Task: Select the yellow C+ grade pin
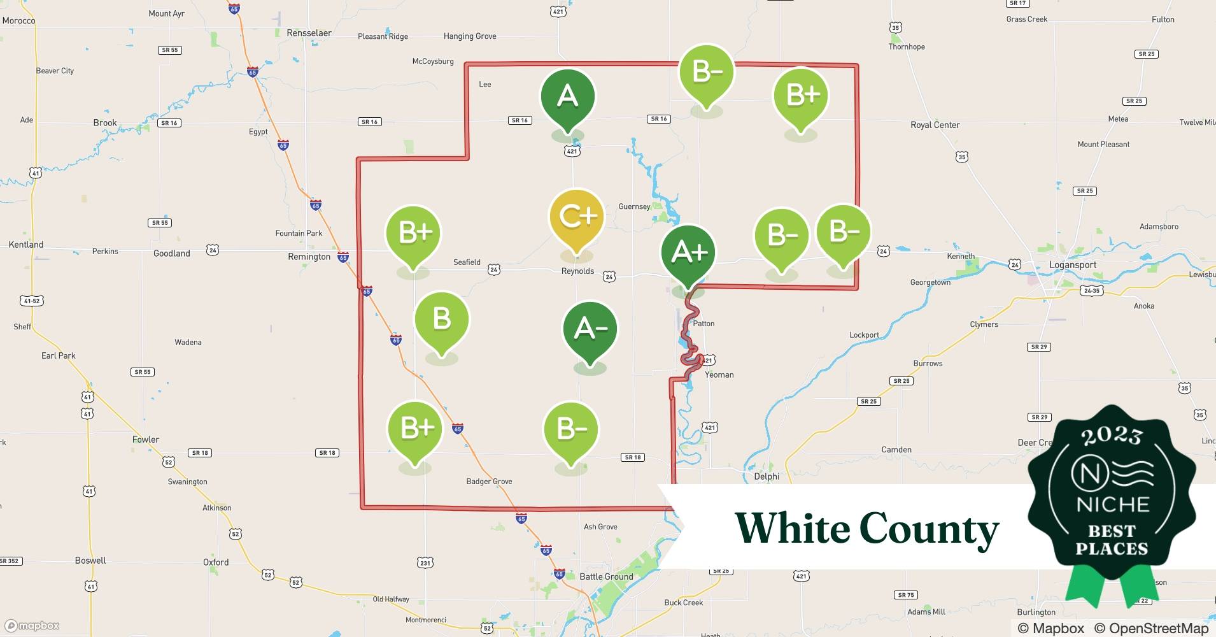click(x=576, y=217)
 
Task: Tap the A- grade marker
click(x=590, y=329)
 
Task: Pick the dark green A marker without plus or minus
click(x=567, y=97)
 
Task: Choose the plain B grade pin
click(x=441, y=318)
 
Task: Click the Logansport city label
click(x=1073, y=265)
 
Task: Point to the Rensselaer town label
click(x=309, y=33)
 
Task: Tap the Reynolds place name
click(x=577, y=271)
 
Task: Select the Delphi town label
click(x=767, y=476)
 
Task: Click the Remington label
click(x=309, y=257)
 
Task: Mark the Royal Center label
click(x=935, y=125)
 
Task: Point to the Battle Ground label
click(x=606, y=576)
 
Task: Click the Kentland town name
click(x=26, y=245)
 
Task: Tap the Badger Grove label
click(x=489, y=482)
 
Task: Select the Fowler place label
click(x=146, y=440)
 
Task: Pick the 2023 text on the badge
click(x=1112, y=436)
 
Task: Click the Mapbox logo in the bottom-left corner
click(x=32, y=626)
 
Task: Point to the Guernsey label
click(x=634, y=206)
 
